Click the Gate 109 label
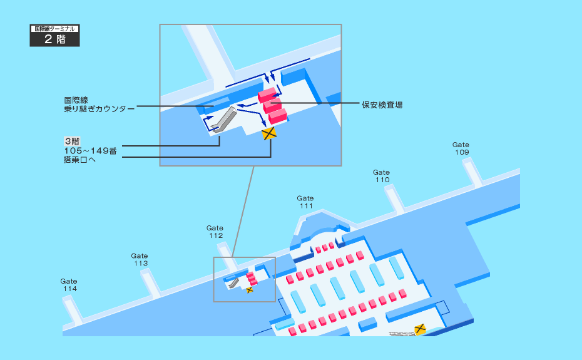pos(461,148)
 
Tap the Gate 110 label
pos(382,176)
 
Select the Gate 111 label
pos(305,202)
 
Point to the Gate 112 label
pos(215,232)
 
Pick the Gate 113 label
pos(140,259)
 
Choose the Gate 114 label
pos(69,285)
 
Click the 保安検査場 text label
pos(382,105)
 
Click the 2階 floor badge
pos(56,39)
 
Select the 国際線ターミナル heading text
pos(56,29)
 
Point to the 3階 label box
pos(71,141)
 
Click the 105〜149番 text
pos(90,151)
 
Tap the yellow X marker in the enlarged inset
pos(269,133)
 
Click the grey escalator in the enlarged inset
pos(223,119)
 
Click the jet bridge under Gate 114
pos(72,310)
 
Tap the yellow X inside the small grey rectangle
pos(250,290)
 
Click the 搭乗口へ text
pos(78,161)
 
